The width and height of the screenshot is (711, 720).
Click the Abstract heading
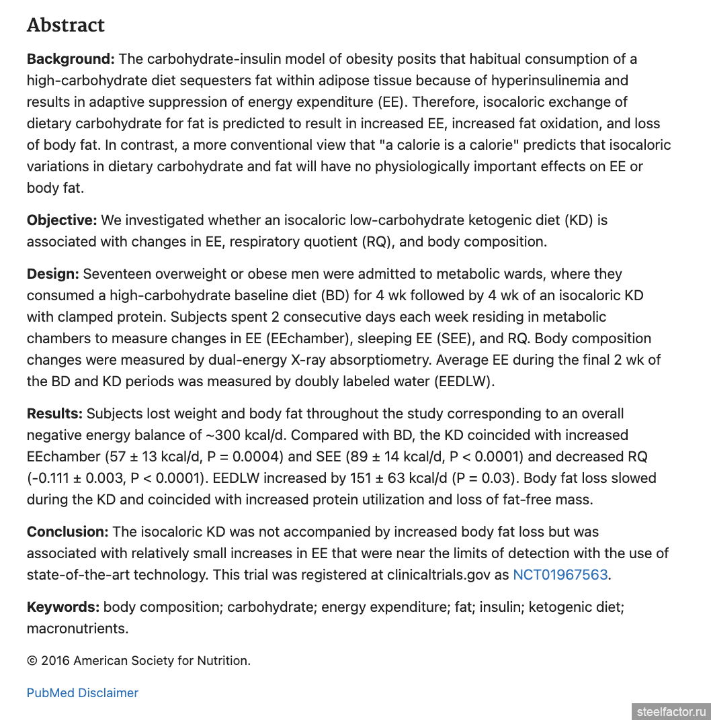point(66,26)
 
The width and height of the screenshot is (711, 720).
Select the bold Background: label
point(71,59)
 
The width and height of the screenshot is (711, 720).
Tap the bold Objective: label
point(62,220)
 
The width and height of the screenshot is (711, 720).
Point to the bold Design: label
point(53,274)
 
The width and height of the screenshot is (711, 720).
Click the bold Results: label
point(54,414)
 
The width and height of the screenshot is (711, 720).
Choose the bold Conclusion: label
point(67,532)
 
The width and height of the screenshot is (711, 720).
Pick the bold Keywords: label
point(63,607)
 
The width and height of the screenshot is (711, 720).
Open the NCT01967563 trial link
point(560,575)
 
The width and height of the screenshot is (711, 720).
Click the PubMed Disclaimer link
point(83,693)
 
